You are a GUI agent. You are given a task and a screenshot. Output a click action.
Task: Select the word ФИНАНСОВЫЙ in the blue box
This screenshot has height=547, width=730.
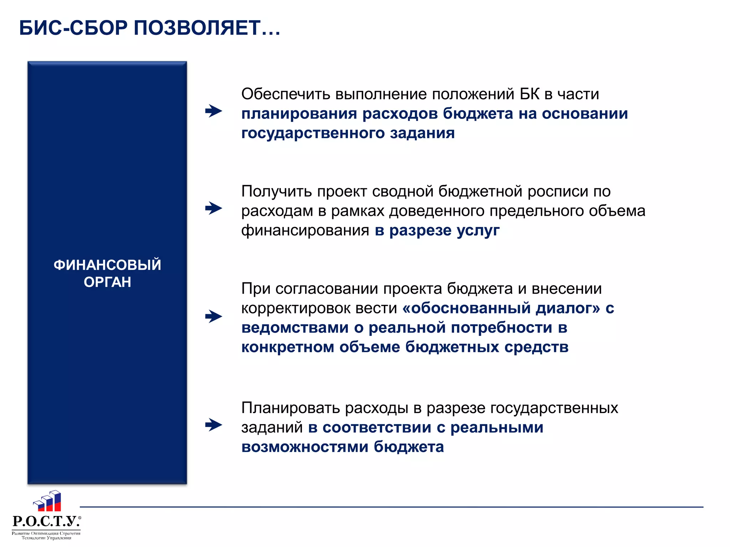pyautogui.click(x=107, y=265)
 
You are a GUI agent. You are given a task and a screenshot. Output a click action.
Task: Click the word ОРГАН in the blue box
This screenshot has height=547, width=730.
pyautogui.click(x=107, y=282)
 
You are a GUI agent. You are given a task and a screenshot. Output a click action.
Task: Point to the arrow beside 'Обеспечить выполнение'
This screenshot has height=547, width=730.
pyautogui.click(x=214, y=111)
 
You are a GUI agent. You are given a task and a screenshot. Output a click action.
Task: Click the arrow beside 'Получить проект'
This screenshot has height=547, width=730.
pyautogui.click(x=214, y=208)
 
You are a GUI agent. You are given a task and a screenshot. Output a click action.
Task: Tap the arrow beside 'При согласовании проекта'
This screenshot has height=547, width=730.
pyautogui.click(x=214, y=316)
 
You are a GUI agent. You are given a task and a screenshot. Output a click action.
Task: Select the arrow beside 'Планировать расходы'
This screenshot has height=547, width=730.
pyautogui.click(x=214, y=424)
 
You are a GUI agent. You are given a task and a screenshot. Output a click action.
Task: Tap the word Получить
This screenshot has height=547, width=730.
pyautogui.click(x=277, y=192)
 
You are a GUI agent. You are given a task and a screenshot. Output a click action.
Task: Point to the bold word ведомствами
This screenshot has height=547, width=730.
pyautogui.click(x=295, y=328)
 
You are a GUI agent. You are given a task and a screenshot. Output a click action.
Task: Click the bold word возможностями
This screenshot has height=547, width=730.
pyautogui.click(x=305, y=447)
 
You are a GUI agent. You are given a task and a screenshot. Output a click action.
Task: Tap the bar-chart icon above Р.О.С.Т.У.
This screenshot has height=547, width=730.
pyautogui.click(x=48, y=501)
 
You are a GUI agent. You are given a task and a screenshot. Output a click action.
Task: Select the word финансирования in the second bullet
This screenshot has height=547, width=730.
pyautogui.click(x=305, y=231)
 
